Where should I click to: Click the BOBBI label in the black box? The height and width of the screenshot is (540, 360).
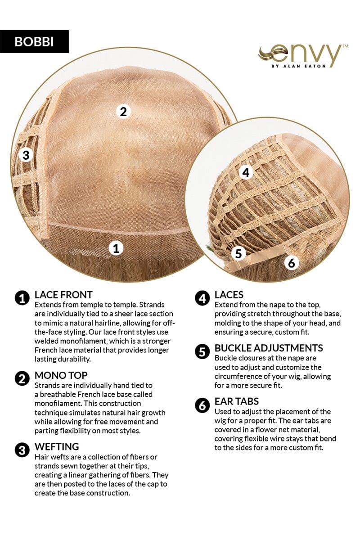(34, 41)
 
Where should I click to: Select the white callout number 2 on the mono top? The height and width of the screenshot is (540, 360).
(123, 112)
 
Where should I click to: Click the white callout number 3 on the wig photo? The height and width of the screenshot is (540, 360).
(26, 155)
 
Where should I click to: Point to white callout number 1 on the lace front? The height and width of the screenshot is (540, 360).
(116, 248)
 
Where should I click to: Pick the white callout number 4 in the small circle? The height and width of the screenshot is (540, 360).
(246, 173)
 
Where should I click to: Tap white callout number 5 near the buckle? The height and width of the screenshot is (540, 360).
(238, 254)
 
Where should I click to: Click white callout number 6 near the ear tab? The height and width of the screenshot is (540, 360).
(292, 263)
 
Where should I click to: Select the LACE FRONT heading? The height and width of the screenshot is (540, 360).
(63, 295)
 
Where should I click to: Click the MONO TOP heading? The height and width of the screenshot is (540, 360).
(61, 375)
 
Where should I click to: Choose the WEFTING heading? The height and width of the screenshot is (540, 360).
(57, 447)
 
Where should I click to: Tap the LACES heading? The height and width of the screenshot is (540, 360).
(229, 295)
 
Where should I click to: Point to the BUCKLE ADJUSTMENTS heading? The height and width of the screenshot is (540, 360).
(269, 348)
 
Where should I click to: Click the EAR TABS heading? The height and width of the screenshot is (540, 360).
(237, 401)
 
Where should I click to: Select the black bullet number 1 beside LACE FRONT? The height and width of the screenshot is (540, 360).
(22, 298)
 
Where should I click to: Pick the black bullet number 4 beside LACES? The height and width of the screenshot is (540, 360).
(202, 298)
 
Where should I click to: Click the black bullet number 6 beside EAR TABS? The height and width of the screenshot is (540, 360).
(202, 405)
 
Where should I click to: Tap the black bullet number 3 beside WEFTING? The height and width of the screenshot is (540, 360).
(22, 450)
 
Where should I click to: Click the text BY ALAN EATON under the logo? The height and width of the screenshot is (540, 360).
(298, 66)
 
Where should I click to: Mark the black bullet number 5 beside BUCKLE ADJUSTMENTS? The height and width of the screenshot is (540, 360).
(202, 352)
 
